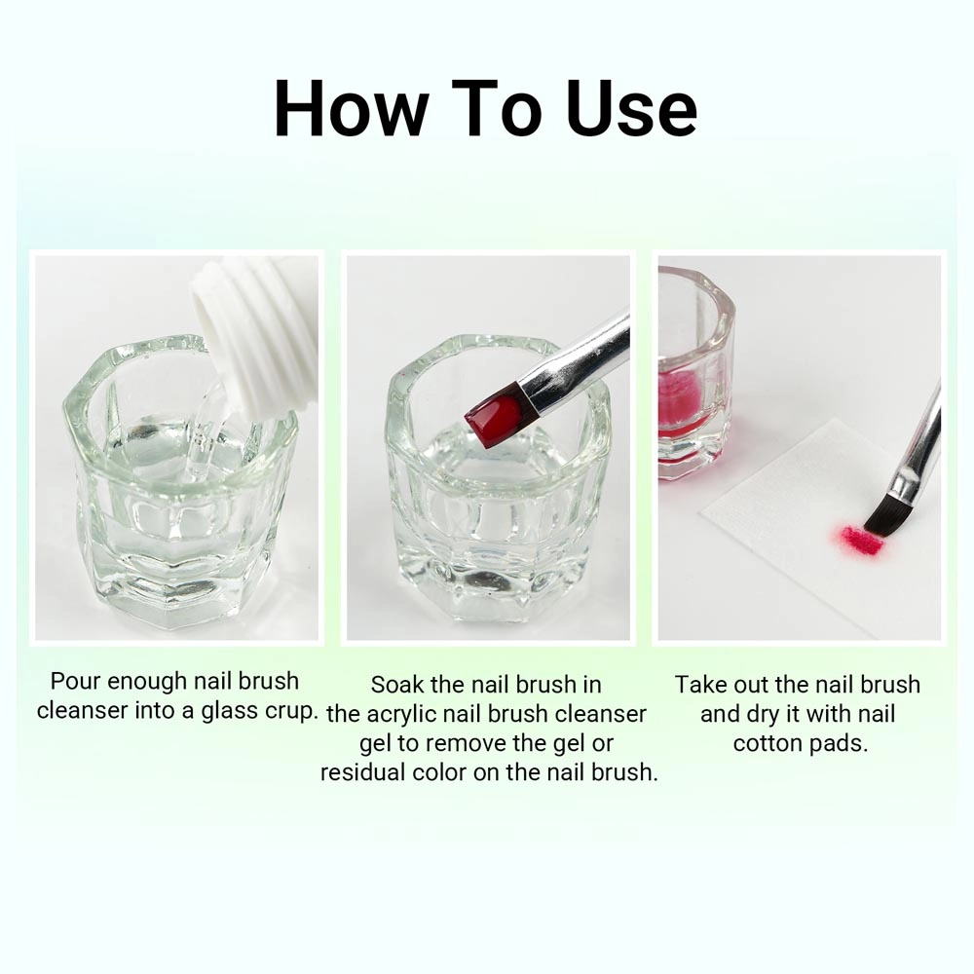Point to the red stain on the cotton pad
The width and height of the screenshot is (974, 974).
coord(862,540)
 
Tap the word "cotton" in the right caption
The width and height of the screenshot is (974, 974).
coord(767,743)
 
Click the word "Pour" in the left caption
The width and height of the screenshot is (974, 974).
coord(75,681)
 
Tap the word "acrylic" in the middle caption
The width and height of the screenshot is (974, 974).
coord(396,714)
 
